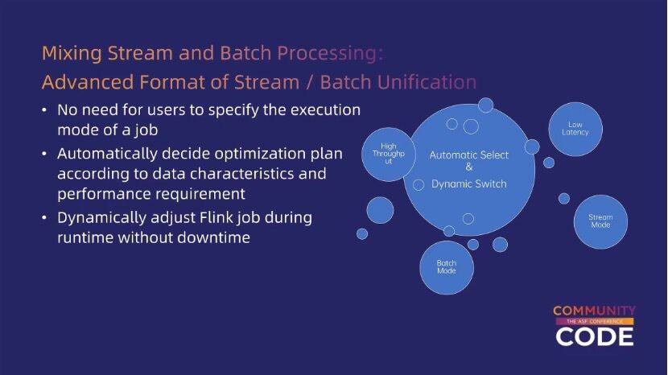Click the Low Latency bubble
pyautogui.click(x=575, y=129)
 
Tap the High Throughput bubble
pyautogui.click(x=389, y=154)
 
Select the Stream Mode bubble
pyautogui.click(x=600, y=221)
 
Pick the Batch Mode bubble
pyautogui.click(x=447, y=267)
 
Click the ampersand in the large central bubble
pyautogui.click(x=469, y=168)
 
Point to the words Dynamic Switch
pyautogui.click(x=469, y=183)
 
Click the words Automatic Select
pyautogui.click(x=469, y=155)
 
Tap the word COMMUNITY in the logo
pyautogui.click(x=594, y=311)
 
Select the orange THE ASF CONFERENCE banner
pyautogui.click(x=594, y=322)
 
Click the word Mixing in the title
pyautogui.click(x=68, y=54)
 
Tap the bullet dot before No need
pyautogui.click(x=45, y=109)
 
